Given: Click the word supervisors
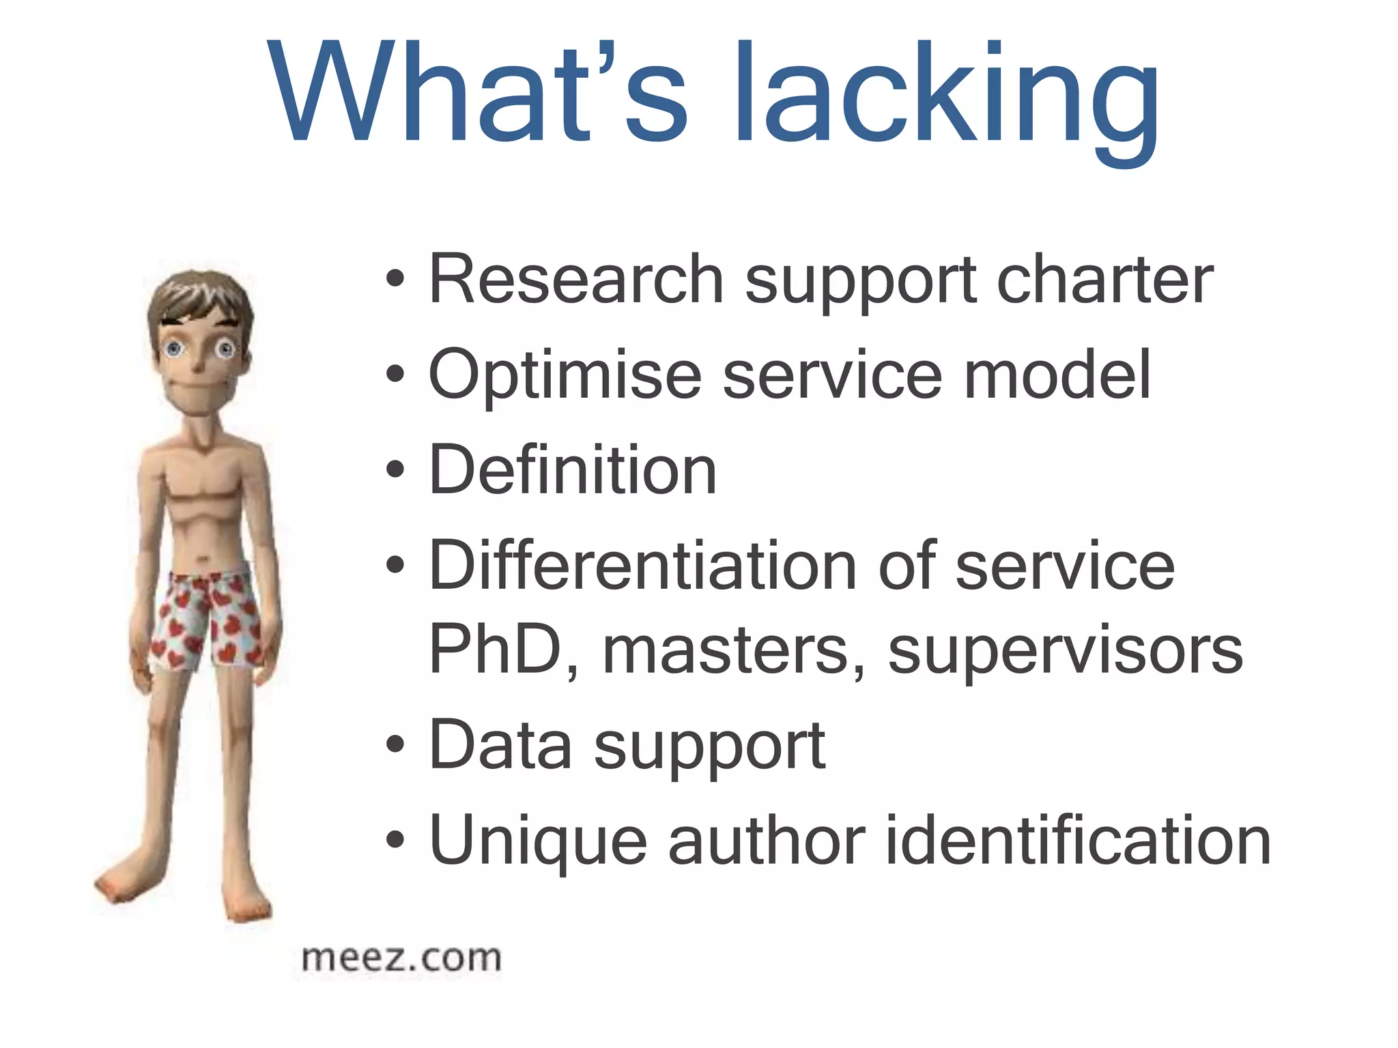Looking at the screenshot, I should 1066,651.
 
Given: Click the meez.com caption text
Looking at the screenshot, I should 401,959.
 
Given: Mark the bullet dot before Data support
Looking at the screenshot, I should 395,744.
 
